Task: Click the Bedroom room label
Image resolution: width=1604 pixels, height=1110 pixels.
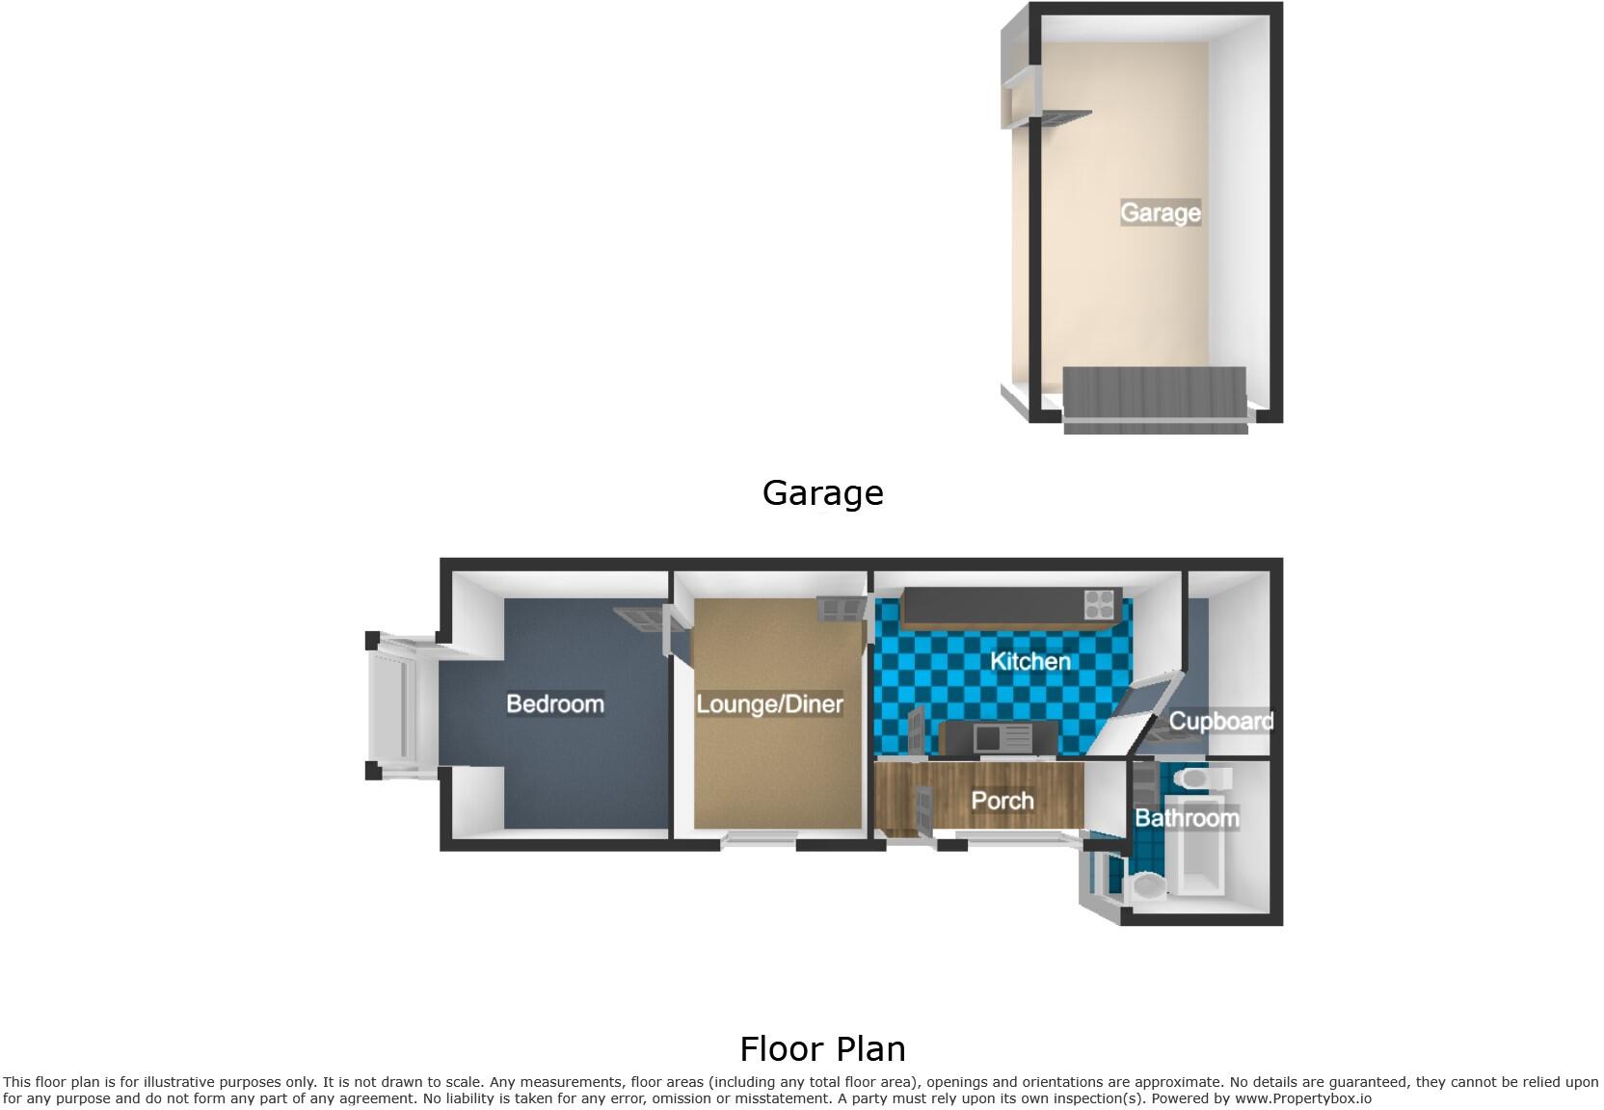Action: pyautogui.click(x=555, y=704)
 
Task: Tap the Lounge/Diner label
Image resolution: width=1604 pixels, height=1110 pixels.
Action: pyautogui.click(x=769, y=704)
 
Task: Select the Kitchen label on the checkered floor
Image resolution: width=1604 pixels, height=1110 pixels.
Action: pyautogui.click(x=1030, y=662)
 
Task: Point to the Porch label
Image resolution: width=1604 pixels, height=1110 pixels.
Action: pyautogui.click(x=1002, y=801)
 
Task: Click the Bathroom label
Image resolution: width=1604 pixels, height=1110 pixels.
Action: pyautogui.click(x=1187, y=819)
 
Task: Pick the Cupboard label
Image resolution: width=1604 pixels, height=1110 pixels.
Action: pyautogui.click(x=1221, y=721)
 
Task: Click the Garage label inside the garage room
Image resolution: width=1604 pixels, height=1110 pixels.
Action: pyautogui.click(x=1161, y=212)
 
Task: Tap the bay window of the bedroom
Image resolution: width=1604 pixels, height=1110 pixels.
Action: pyautogui.click(x=395, y=703)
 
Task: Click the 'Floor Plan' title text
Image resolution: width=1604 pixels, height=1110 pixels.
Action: pyautogui.click(x=822, y=1048)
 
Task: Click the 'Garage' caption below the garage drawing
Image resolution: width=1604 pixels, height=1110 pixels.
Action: pyautogui.click(x=822, y=493)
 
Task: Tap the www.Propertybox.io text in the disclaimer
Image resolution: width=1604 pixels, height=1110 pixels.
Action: pyautogui.click(x=1302, y=1098)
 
